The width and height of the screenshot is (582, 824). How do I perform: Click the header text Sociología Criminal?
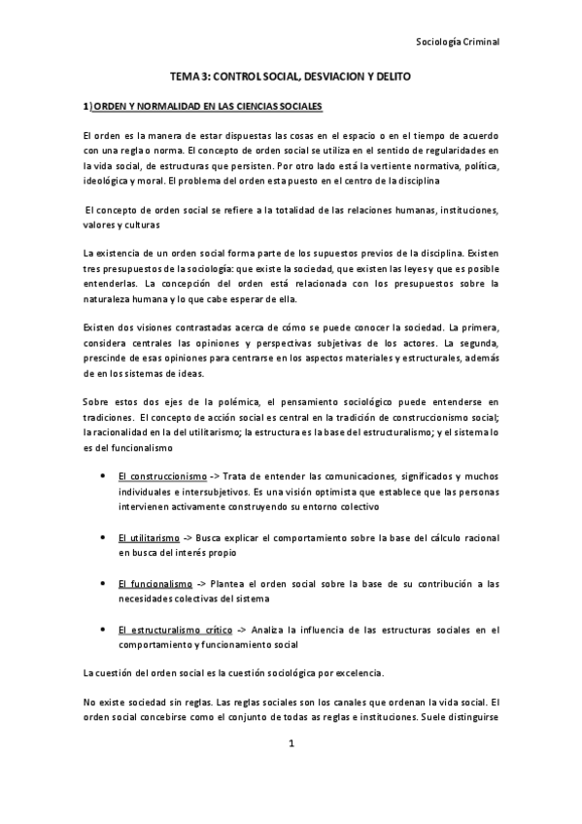click(456, 42)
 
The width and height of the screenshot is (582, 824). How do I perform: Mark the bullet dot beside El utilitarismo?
click(103, 535)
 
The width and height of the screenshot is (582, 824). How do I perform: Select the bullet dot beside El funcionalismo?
click(103, 583)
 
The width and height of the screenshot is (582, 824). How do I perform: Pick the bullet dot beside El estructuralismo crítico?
click(103, 629)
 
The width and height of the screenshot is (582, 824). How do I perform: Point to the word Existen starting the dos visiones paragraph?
click(100, 330)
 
